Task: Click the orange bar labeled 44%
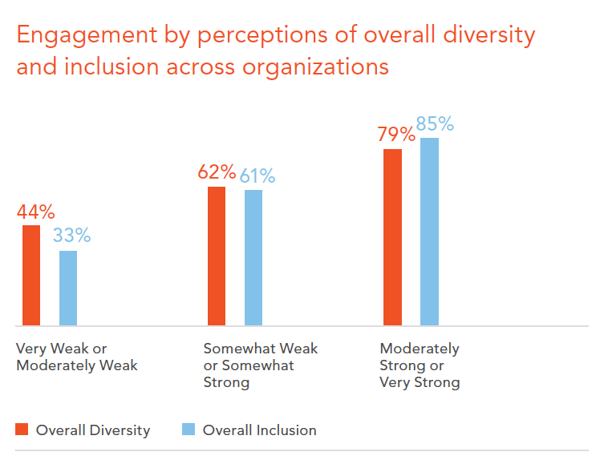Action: (32, 275)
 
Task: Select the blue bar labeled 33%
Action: (68, 288)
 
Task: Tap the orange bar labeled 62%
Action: (216, 256)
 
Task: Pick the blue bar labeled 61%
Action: (253, 258)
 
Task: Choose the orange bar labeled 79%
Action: (393, 237)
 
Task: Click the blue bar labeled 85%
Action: (429, 231)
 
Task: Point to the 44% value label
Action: (35, 211)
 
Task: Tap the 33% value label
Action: (71, 236)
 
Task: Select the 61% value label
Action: (255, 176)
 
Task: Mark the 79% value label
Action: (396, 134)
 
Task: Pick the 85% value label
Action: (433, 124)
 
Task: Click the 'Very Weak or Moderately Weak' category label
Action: (76, 357)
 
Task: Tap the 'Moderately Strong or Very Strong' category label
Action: (420, 365)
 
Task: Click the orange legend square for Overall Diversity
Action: (21, 430)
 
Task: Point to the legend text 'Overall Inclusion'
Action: (259, 430)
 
